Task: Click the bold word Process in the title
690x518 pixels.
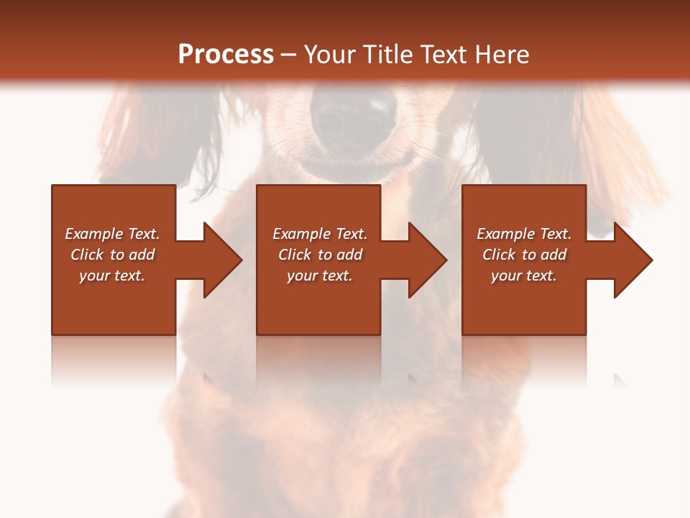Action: coord(226,55)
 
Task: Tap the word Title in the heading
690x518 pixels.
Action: coord(386,55)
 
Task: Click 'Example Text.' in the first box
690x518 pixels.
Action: coord(112,234)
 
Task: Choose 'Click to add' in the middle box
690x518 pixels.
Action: coord(320,255)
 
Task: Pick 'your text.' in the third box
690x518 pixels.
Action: coord(524,276)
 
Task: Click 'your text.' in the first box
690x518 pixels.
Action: coord(112,276)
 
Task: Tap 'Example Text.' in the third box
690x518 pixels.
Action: coord(524,234)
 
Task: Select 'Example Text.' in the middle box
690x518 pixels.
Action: coord(320,234)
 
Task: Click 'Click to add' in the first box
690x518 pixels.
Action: coord(112,255)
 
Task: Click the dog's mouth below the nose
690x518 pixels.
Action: coord(352,167)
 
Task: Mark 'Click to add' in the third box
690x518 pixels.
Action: coord(524,255)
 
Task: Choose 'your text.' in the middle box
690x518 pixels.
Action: coord(320,276)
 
